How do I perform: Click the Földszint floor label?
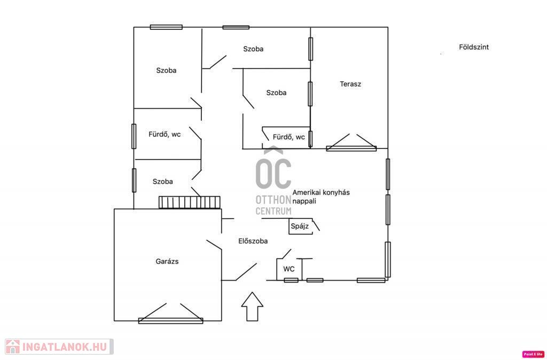point(474,47)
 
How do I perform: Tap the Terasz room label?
point(350,84)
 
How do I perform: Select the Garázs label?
point(167,261)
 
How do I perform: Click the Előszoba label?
point(253,241)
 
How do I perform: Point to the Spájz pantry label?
point(300,226)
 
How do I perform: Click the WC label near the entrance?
point(289,269)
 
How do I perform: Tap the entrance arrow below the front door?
point(252,307)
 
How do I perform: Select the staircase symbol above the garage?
point(190,202)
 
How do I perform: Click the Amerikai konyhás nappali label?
point(321,197)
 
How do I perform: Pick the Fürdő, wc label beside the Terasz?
point(289,137)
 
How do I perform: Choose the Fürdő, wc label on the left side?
point(165,134)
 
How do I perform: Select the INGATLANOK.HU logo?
point(59,347)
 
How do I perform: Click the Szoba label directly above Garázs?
point(162,182)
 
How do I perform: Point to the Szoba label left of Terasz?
point(276,93)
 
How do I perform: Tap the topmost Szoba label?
point(253,49)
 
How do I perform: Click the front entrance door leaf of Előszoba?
point(246,272)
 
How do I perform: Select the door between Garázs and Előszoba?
point(214,245)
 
